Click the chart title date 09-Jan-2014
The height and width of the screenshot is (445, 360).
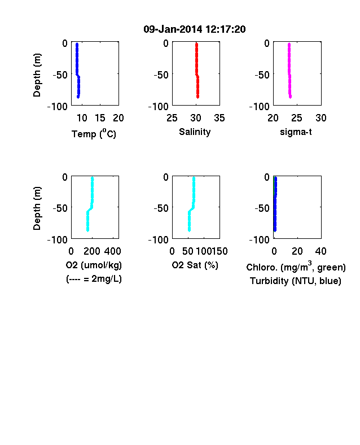click(173, 29)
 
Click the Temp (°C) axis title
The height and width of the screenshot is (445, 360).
click(94, 133)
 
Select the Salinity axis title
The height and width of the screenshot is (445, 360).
click(195, 132)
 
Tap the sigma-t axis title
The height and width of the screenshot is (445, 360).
click(296, 132)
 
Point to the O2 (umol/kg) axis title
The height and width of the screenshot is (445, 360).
click(94, 265)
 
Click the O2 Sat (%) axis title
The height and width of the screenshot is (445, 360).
click(195, 265)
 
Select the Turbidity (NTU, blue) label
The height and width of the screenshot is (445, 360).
click(296, 281)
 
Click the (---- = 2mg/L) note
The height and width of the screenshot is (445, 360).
click(94, 279)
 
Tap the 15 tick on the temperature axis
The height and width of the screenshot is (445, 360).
click(100, 118)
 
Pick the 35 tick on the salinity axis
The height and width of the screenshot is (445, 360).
click(219, 118)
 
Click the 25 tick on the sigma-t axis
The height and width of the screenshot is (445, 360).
click(297, 118)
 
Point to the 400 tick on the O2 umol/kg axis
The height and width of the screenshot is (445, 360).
click(112, 251)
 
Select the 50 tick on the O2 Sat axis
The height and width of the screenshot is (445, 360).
click(188, 251)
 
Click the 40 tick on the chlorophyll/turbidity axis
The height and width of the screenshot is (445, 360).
click(321, 251)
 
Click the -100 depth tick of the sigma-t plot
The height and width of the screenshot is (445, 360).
click(259, 106)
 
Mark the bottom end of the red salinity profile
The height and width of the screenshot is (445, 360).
click(197, 97)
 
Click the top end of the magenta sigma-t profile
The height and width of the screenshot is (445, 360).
click(289, 43)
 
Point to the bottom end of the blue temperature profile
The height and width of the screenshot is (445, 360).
click(78, 97)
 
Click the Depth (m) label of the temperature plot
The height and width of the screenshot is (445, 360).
click(37, 75)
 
